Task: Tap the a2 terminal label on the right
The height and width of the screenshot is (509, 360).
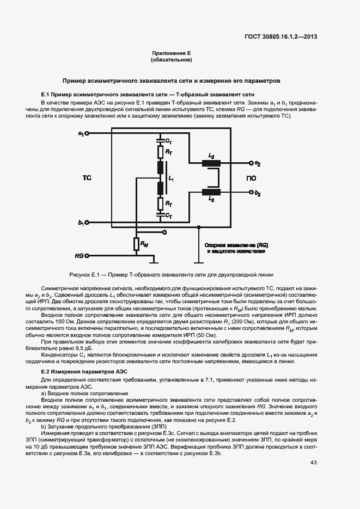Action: (258, 163)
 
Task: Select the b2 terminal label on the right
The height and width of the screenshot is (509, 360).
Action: (258, 193)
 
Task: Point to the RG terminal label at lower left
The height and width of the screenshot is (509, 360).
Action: (80, 255)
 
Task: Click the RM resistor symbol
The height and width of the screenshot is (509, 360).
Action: (136, 244)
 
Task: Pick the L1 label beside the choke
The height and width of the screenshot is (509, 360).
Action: (171, 178)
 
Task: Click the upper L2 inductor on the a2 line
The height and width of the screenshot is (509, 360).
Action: (211, 162)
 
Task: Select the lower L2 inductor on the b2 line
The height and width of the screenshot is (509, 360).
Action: (211, 192)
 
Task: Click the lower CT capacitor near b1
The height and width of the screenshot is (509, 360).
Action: (160, 216)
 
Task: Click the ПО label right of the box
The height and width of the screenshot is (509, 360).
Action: (251, 178)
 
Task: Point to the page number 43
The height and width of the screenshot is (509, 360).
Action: (314, 463)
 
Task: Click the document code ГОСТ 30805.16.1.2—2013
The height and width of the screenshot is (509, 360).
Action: (280, 37)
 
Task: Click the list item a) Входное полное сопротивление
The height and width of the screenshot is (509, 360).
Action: (84, 393)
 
